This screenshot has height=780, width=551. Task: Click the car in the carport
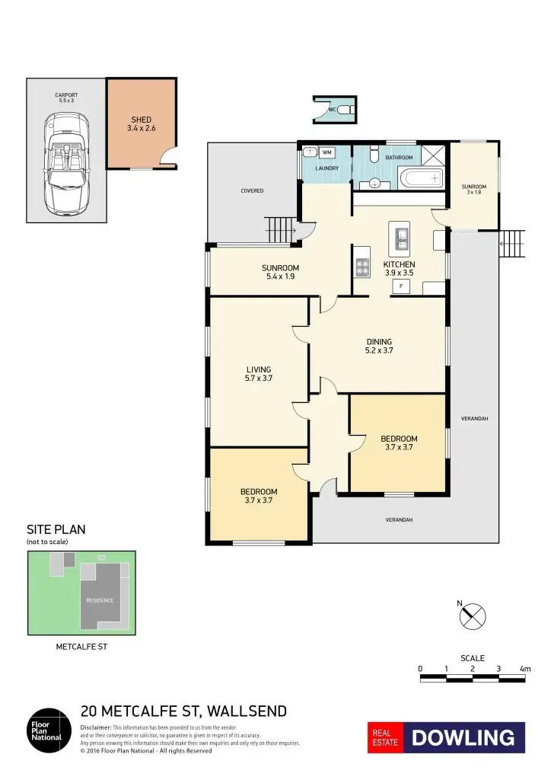tap(65, 163)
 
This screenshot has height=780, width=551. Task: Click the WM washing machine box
tap(326, 152)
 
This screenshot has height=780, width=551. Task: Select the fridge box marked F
tap(400, 286)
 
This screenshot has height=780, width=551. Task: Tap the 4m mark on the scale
tap(524, 669)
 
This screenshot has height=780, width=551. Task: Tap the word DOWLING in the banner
tap(463, 737)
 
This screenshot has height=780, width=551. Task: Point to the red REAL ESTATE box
tap(385, 737)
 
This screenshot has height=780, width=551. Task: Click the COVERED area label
tap(253, 190)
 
